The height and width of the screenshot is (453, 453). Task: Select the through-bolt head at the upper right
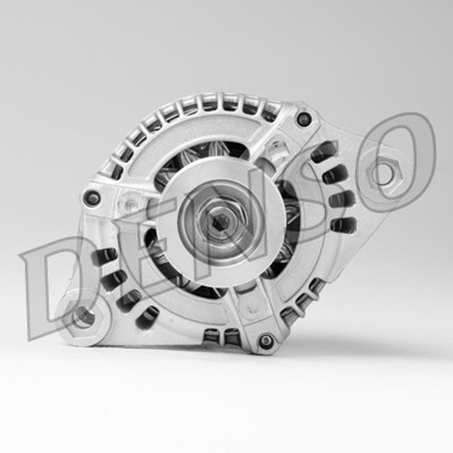(303, 118)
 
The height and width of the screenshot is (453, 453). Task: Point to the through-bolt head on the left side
(92, 198)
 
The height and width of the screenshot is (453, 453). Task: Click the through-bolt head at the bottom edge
(266, 341)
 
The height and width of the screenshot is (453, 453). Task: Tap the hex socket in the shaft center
(220, 223)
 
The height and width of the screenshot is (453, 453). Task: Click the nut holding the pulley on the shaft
(220, 222)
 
